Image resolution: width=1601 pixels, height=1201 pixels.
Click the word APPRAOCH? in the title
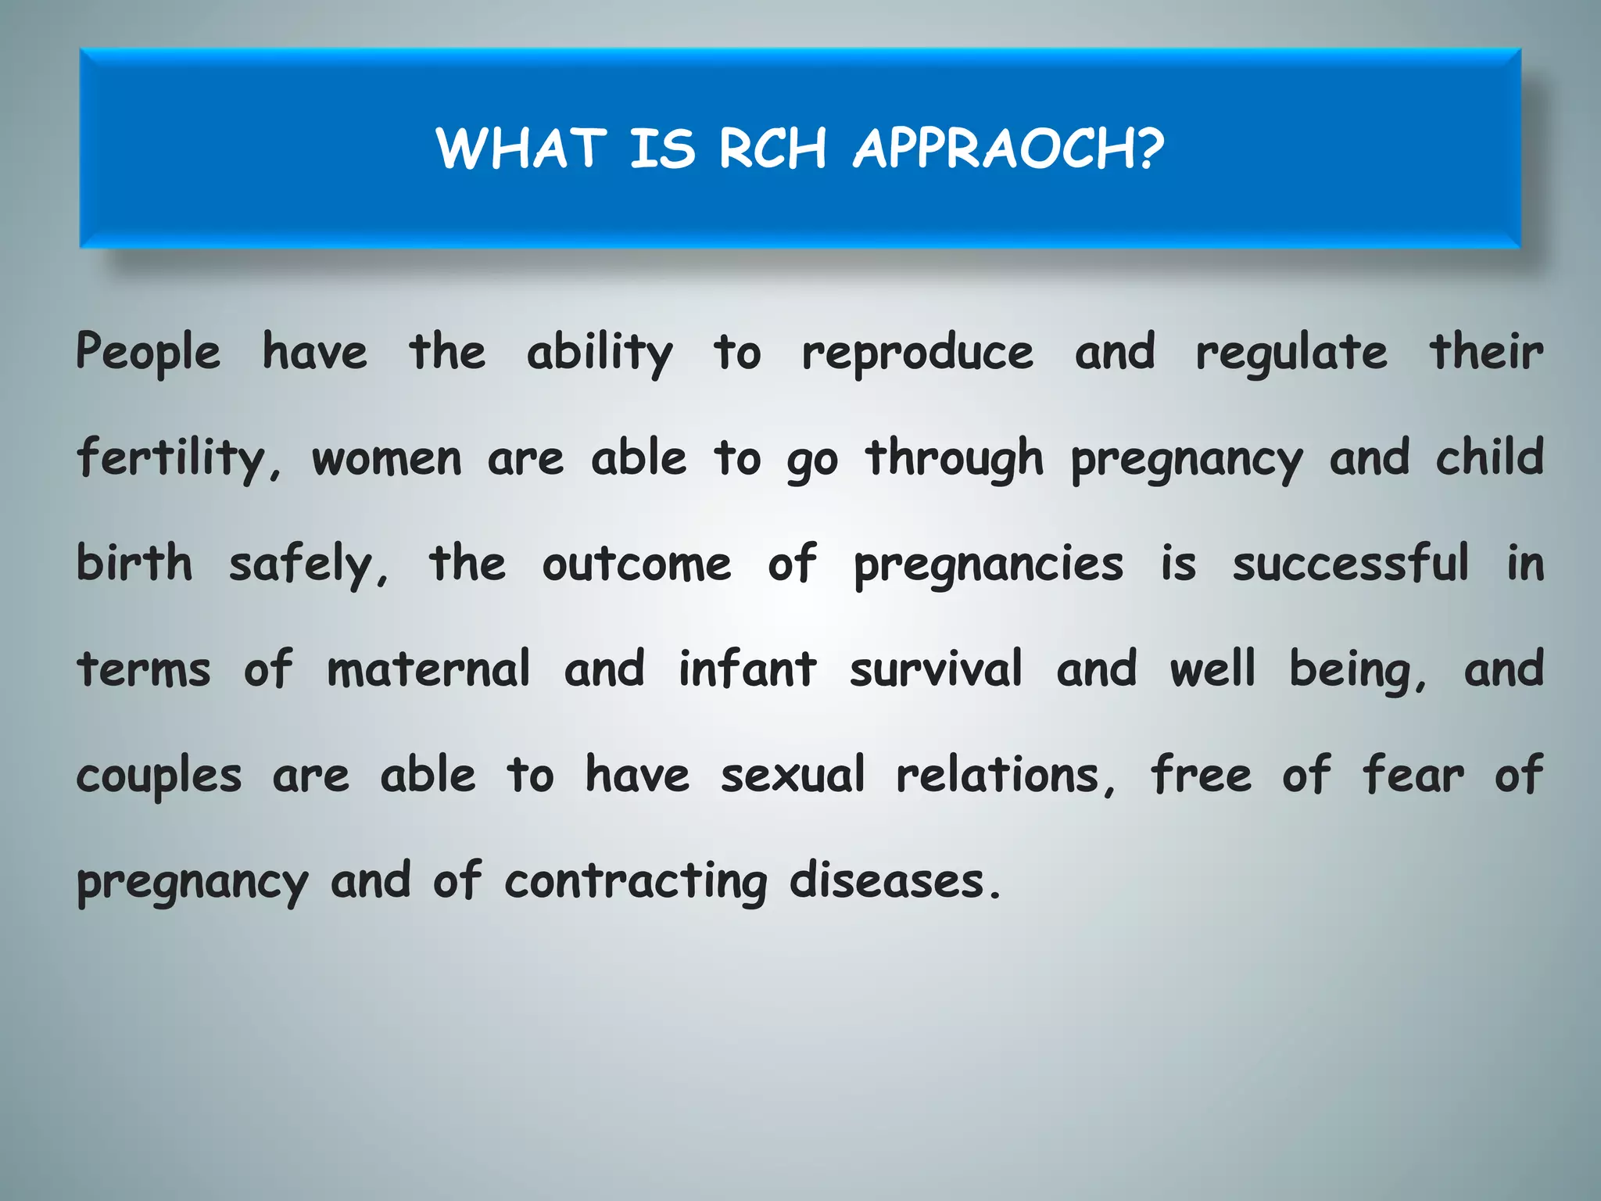(x=1008, y=149)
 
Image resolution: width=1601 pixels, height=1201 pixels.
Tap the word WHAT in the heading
(x=521, y=149)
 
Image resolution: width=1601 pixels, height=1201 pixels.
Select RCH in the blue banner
(x=772, y=149)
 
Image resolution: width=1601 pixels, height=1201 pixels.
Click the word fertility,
(x=178, y=460)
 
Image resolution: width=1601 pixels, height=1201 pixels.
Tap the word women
(x=387, y=460)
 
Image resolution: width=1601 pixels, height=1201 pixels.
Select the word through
(x=955, y=460)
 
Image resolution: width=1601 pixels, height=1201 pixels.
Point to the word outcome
(x=636, y=565)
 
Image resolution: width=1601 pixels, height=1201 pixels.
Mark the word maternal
(x=428, y=670)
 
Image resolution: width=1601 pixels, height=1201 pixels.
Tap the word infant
(x=747, y=670)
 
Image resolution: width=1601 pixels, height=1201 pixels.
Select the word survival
(x=936, y=670)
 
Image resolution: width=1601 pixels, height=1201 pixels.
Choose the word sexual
(x=793, y=776)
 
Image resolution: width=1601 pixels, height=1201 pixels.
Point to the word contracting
(x=636, y=882)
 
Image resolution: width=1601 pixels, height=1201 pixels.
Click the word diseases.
(x=894, y=881)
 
